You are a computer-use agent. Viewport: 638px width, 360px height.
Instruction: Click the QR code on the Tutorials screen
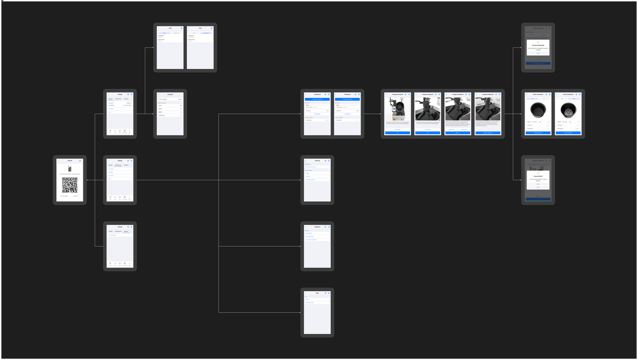tap(70, 185)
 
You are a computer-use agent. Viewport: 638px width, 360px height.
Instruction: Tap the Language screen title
tap(170, 94)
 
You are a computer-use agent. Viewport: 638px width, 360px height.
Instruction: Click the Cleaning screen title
tap(318, 161)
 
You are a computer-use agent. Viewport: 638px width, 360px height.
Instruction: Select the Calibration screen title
tap(318, 227)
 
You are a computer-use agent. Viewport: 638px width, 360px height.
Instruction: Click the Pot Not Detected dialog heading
tap(538, 45)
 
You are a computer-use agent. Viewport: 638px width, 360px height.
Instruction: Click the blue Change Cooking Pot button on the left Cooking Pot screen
tap(318, 99)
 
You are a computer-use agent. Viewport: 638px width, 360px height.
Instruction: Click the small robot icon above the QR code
tap(70, 169)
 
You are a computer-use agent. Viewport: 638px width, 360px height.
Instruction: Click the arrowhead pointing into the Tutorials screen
tap(88, 180)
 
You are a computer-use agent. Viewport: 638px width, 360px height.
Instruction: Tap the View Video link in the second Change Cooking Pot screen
tap(427, 129)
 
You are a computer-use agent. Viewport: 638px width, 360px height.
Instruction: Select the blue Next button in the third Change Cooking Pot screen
tap(457, 133)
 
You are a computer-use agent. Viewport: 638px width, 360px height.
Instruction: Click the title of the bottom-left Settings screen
tap(120, 227)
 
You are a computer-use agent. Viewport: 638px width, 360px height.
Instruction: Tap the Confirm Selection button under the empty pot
tap(538, 133)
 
